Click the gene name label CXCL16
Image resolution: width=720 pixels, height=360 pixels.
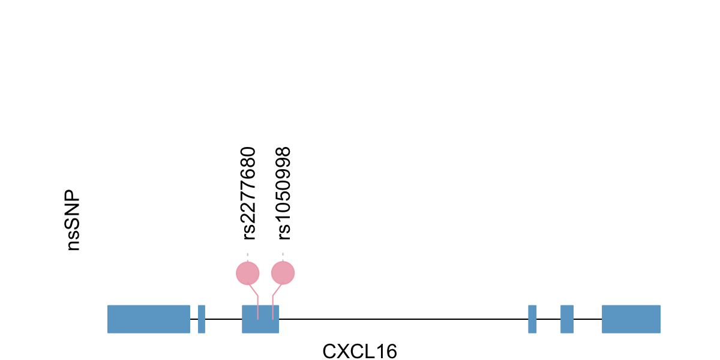pos(359,351)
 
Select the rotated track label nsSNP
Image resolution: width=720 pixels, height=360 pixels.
pos(73,221)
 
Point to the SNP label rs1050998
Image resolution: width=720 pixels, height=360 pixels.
pos(283,193)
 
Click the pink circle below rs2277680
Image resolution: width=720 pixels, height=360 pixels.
pos(247,274)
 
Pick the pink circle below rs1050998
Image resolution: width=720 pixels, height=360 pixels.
pos(283,274)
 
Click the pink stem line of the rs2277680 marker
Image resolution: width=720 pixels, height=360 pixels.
pos(257,306)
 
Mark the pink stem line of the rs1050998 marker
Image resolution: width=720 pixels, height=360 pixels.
pos(273,306)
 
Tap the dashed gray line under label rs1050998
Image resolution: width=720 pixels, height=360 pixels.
pos(283,257)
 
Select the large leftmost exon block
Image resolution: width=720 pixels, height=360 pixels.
pos(149,319)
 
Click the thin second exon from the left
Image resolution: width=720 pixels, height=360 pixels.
pos(202,319)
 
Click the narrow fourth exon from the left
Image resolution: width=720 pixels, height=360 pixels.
pos(532,319)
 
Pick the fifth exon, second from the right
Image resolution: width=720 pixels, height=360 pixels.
pos(567,319)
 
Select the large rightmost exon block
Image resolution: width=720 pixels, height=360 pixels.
pos(631,319)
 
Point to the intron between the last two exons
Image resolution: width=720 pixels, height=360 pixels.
pos(587,319)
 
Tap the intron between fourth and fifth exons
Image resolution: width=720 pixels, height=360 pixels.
pos(548,319)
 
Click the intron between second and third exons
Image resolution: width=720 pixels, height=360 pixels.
pos(223,319)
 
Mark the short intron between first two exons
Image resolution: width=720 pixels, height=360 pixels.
pos(194,319)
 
